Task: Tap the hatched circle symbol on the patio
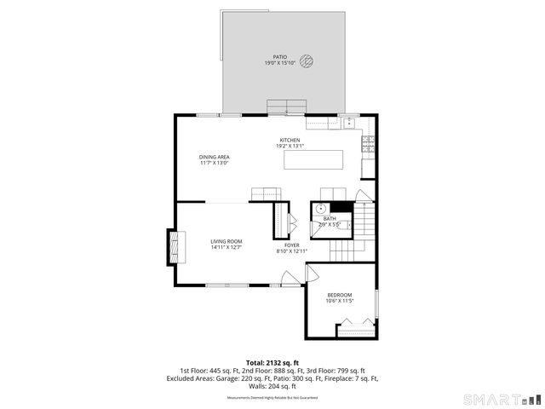pyautogui.click(x=308, y=60)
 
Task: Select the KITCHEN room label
pyautogui.click(x=290, y=140)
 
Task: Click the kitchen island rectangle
pyautogui.click(x=314, y=160)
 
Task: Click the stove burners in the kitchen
pyautogui.click(x=368, y=144)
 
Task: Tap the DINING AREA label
pyautogui.click(x=215, y=157)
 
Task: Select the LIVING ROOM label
pyautogui.click(x=227, y=241)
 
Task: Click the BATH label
pyautogui.click(x=330, y=219)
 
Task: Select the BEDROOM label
pyautogui.click(x=339, y=295)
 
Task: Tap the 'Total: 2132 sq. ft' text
pyautogui.click(x=272, y=362)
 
